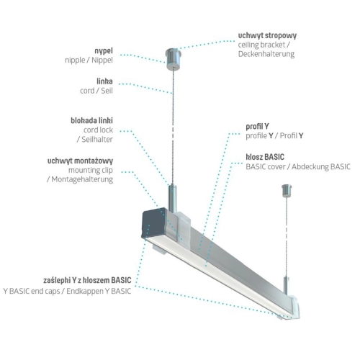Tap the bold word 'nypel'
pos(103,52)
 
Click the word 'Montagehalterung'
pos(79,181)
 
